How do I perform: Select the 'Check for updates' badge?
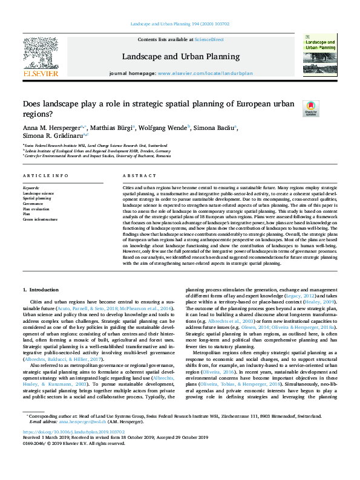(x=311, y=108)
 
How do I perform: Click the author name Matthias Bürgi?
(x=113, y=128)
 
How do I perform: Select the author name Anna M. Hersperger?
(x=50, y=128)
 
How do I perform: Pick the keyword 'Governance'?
(x=34, y=203)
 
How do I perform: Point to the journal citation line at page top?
(x=180, y=25)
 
